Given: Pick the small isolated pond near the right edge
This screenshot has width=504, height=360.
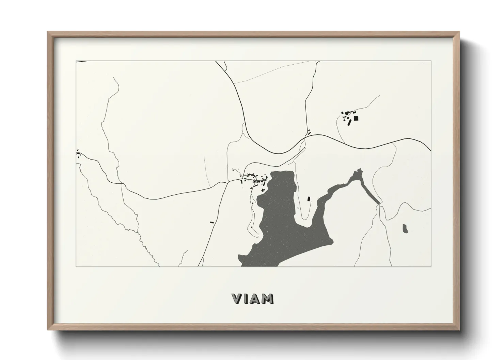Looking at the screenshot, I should click(x=405, y=229).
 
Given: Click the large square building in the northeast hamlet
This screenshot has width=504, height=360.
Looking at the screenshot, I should click(x=356, y=118).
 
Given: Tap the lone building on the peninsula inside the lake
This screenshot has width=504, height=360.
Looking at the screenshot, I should click(x=309, y=198).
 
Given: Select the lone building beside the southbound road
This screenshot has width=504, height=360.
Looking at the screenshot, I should click(x=212, y=222).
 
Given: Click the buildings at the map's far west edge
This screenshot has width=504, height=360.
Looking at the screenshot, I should click(x=79, y=155).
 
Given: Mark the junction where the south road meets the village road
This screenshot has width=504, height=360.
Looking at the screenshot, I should click(x=227, y=182).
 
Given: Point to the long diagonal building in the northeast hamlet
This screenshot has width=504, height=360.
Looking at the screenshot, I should click(x=349, y=122).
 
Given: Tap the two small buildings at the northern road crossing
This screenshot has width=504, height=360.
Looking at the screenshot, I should click(x=309, y=132).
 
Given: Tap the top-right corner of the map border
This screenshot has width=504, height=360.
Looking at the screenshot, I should click(x=431, y=61).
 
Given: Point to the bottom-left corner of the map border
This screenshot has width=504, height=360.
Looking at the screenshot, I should click(x=76, y=267).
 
